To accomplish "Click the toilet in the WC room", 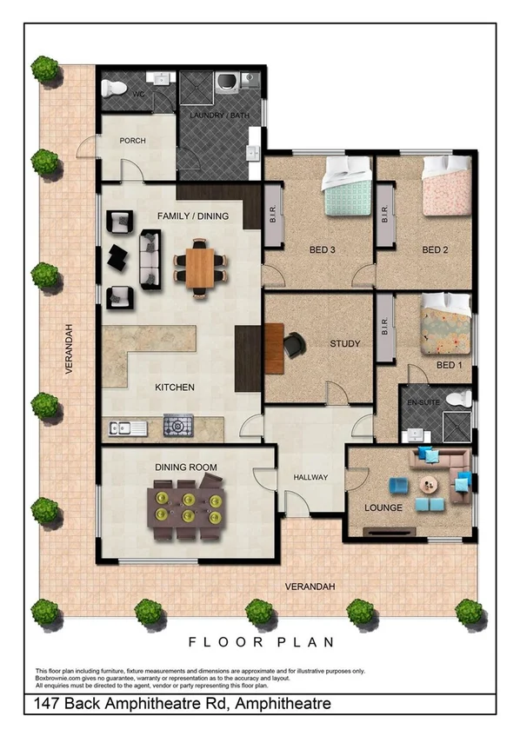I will coord(110,88).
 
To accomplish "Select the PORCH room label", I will coord(133,141).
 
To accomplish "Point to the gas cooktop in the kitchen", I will coord(178,426).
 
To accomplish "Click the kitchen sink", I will coord(123,427).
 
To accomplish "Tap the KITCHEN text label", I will coord(174,388).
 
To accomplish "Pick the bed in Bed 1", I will coord(446,325).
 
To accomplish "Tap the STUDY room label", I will coord(344,344).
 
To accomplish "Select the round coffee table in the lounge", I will coord(428,485).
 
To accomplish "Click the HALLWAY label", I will coord(310,477).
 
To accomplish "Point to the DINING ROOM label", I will coord(185,467).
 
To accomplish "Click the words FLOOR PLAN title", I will coord(260,642).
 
